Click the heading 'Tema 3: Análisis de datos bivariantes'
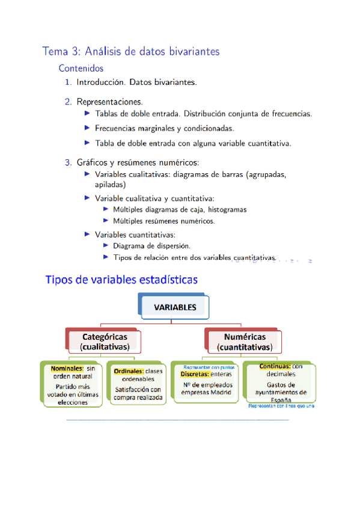pyautogui.click(x=130, y=52)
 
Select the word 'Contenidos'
pyautogui.click(x=81, y=69)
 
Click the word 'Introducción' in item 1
pyautogui.click(x=100, y=82)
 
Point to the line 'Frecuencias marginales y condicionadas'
pyautogui.click(x=164, y=128)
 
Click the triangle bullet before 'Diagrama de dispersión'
pyautogui.click(x=106, y=245)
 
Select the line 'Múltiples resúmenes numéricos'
pyautogui.click(x=163, y=221)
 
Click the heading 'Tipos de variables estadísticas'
pyautogui.click(x=121, y=280)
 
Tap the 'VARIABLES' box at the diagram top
pyautogui.click(x=175, y=307)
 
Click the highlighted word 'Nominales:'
pyautogui.click(x=67, y=368)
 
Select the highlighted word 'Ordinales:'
pyautogui.click(x=129, y=371)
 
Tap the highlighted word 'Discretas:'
pyautogui.click(x=195, y=374)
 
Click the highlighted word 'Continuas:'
pyautogui.click(x=275, y=366)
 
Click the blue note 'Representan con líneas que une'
pyautogui.click(x=281, y=406)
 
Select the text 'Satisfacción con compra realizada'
pyautogui.click(x=138, y=393)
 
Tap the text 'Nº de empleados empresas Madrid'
pyautogui.click(x=207, y=389)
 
